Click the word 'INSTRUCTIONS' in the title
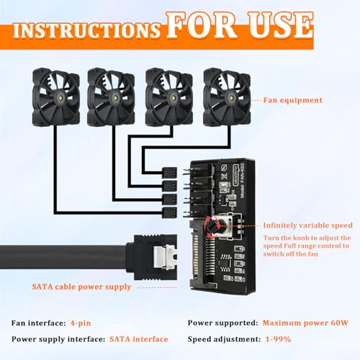pos(85,30)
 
